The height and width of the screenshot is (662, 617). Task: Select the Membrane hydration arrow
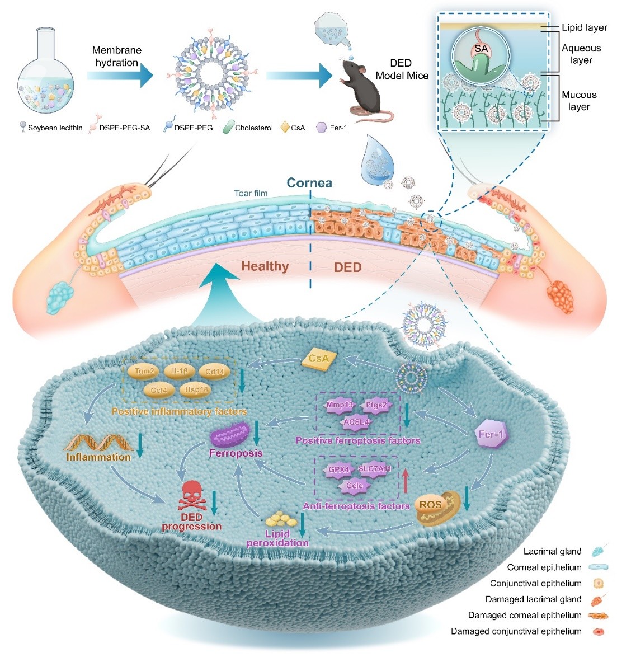pyautogui.click(x=119, y=74)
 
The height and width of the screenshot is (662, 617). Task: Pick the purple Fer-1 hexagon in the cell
pyautogui.click(x=492, y=434)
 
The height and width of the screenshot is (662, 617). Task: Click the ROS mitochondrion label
pyautogui.click(x=431, y=505)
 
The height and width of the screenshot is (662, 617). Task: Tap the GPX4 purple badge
pyautogui.click(x=339, y=469)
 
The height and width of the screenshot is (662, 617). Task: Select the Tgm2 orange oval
pyautogui.click(x=144, y=371)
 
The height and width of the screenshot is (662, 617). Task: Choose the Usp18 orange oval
pyautogui.click(x=196, y=390)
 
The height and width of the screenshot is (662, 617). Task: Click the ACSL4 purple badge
pyautogui.click(x=356, y=422)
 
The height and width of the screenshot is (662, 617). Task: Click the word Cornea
pyautogui.click(x=309, y=183)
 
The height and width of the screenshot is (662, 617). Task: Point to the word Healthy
pyautogui.click(x=265, y=266)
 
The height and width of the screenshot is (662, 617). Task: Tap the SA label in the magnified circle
pyautogui.click(x=481, y=49)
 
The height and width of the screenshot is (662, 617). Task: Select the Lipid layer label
pyautogui.click(x=585, y=27)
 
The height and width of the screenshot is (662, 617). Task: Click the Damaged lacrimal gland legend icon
pyautogui.click(x=598, y=599)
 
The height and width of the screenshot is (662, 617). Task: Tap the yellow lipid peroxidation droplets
pyautogui.click(x=281, y=519)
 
